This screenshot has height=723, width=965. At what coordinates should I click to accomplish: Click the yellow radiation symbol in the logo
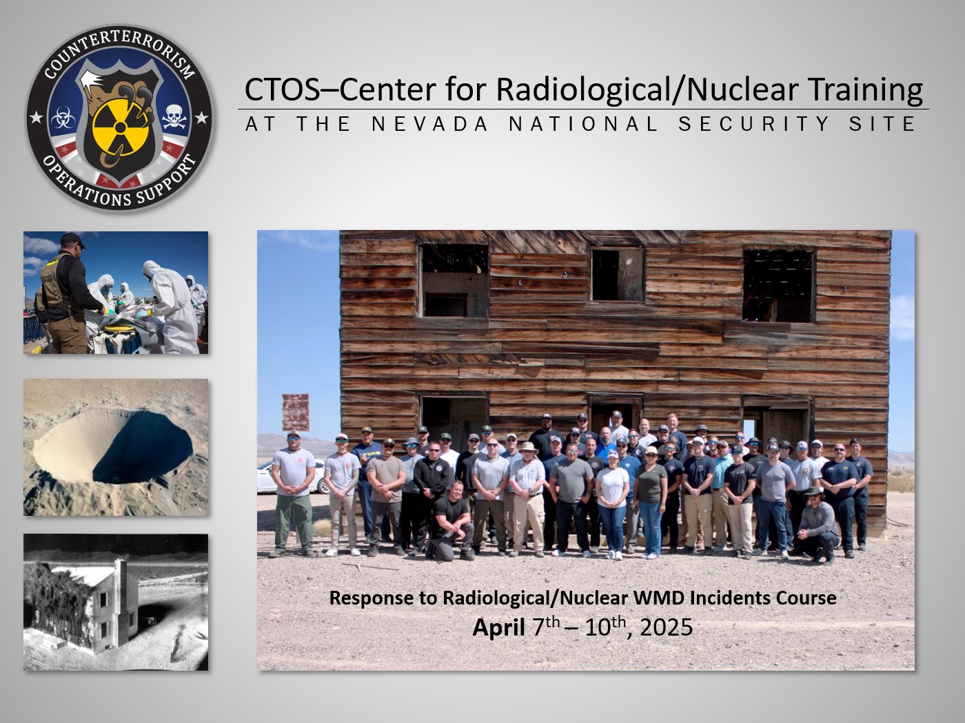point(120,128)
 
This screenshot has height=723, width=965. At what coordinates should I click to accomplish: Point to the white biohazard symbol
point(63,118)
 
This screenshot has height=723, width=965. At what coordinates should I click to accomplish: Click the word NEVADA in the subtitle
point(429,124)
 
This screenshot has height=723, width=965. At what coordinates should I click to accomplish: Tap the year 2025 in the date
point(667,627)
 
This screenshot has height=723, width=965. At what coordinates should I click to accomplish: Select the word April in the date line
point(498,628)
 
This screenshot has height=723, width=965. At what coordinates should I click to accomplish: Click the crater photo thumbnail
point(116,447)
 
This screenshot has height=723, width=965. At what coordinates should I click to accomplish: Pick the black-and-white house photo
point(116,602)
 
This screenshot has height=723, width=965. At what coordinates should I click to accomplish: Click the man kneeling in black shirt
point(451,522)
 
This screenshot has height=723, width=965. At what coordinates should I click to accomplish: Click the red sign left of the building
point(296,412)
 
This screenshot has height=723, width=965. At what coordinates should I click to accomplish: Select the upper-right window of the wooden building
point(779,286)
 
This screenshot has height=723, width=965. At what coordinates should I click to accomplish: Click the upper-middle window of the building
point(617,274)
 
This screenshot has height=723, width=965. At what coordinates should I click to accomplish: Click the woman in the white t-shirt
point(612,505)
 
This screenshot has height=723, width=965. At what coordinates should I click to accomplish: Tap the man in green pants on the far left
point(293,494)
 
